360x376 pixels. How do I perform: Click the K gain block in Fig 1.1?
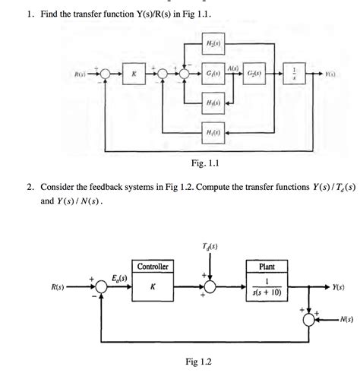click(133, 74)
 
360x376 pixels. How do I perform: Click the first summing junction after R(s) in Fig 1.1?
click(106, 74)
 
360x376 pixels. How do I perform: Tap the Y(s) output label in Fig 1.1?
click(331, 74)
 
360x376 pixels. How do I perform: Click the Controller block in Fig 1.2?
click(153, 283)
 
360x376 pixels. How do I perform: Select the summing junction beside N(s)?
click(310, 319)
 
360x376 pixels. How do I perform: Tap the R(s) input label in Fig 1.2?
click(58, 289)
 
